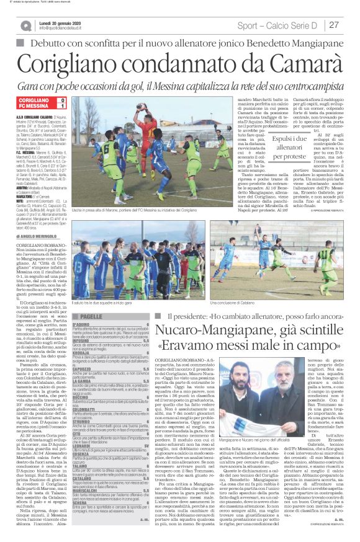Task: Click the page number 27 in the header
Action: click(333, 25)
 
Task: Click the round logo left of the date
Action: click(25, 25)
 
